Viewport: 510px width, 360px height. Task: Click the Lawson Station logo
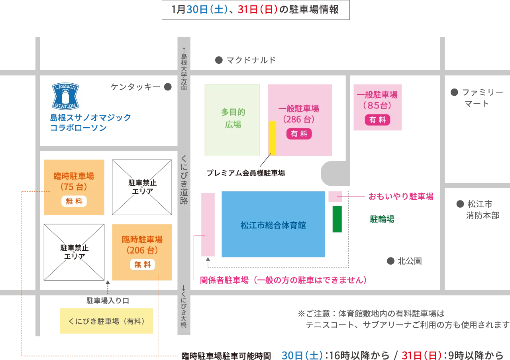[65, 95]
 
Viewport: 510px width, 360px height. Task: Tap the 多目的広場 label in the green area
[233, 118]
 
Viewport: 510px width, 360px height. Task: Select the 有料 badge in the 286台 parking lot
[299, 134]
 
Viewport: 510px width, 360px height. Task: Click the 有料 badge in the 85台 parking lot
[377, 120]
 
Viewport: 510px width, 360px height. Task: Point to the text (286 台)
[299, 119]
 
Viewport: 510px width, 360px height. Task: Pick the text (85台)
[377, 105]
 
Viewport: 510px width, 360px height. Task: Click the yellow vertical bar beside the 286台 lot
[273, 138]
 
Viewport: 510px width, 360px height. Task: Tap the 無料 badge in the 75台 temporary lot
[74, 201]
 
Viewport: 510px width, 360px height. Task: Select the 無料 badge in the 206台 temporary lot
[142, 264]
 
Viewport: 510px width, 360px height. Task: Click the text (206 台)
[142, 250]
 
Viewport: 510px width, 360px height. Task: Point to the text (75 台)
[74, 187]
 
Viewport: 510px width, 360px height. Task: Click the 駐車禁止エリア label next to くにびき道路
[142, 187]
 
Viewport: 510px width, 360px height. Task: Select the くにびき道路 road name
[184, 179]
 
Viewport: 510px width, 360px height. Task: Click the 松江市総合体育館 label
[273, 225]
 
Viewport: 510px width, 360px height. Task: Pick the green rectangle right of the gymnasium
[337, 219]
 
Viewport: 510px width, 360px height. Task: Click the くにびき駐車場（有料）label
[106, 321]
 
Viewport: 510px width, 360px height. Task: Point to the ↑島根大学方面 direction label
[184, 69]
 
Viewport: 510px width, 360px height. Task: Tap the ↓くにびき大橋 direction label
[184, 306]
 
